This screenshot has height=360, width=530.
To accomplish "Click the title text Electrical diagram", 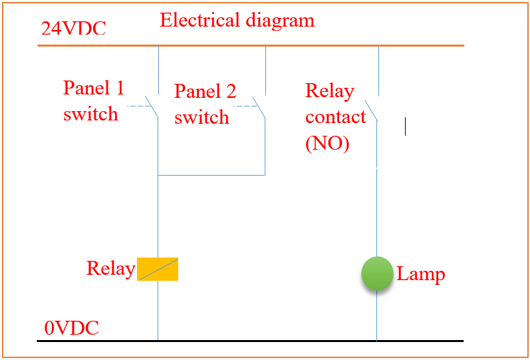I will coord(237,20).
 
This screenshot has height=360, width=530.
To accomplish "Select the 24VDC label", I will coord(73,29).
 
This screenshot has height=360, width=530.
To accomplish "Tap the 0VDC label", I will coord(71,328).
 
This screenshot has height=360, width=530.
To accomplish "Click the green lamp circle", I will coord(377,273).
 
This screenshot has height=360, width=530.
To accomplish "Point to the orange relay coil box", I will coord(158,269).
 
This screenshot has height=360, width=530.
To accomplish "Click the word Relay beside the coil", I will coord(110,269).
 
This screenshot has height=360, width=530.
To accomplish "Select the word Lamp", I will coord(420,274).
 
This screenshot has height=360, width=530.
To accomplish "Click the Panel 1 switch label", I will coord(93,100).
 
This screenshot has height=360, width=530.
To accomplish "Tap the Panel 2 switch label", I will coord(205,104).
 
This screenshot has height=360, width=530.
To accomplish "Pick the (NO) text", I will coord(327,143).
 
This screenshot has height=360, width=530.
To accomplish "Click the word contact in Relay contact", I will coord(335,117).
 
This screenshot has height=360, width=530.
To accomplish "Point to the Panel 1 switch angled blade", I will coord(152,106).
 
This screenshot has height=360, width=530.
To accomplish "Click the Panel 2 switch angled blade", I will coord(259,107).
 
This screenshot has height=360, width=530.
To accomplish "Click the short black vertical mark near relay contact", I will coord(405,126).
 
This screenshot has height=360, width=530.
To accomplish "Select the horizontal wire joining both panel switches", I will coord(211,175).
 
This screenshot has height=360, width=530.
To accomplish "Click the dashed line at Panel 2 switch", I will coord(244,105).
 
